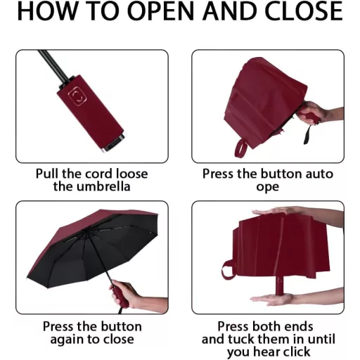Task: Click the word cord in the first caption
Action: point(100,174)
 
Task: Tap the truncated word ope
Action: point(268,187)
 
